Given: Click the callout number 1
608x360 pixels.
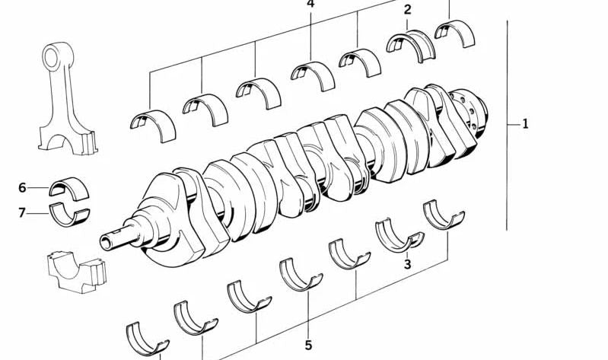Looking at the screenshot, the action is pyautogui.click(x=525, y=124).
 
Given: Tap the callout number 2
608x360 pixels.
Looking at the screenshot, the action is pyautogui.click(x=407, y=10).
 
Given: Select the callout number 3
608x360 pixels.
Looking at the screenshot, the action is pyautogui.click(x=407, y=265).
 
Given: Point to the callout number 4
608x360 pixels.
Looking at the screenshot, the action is pyautogui.click(x=310, y=4).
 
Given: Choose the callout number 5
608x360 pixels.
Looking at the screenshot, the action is pyautogui.click(x=308, y=345).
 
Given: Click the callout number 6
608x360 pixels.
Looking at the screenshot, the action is pyautogui.click(x=22, y=188).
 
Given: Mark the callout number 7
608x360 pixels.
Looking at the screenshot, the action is pyautogui.click(x=22, y=213).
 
